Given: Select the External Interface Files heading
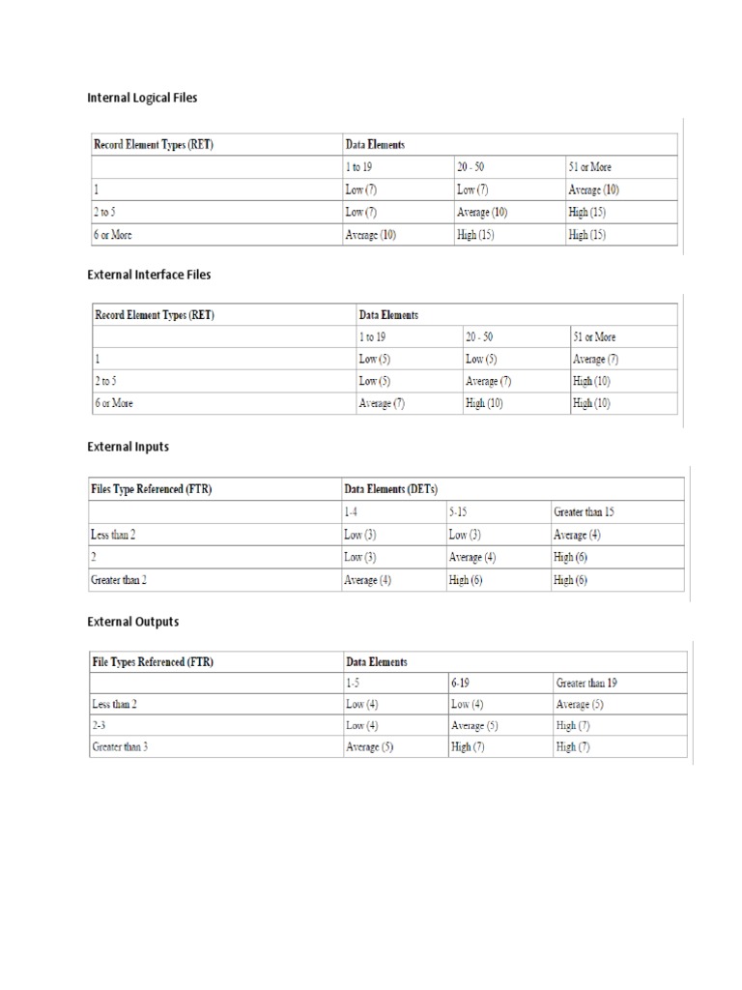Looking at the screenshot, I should (x=149, y=275).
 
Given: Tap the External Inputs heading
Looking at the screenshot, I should (x=128, y=448).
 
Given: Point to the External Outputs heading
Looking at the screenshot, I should (x=132, y=622).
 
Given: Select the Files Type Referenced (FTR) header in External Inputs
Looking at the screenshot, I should (x=152, y=489).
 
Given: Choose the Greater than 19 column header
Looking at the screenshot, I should (x=586, y=683).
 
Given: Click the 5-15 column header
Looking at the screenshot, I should (x=462, y=511).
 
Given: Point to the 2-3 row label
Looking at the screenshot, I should (x=101, y=725).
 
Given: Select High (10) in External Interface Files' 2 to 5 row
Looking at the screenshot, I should (x=591, y=381).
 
